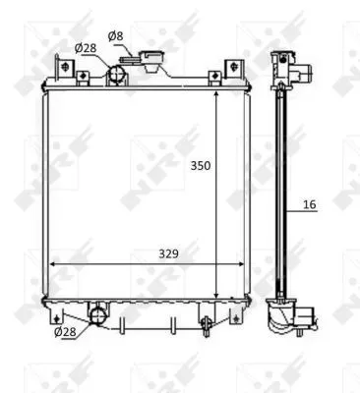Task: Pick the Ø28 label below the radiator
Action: [x=65, y=331]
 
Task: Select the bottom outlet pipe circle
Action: [x=98, y=315]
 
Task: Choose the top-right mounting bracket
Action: [x=233, y=70]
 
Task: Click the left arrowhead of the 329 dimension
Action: [x=51, y=264]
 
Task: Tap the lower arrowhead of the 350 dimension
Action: [x=216, y=295]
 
